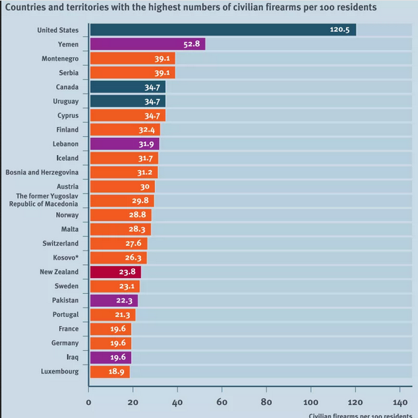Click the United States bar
coord(223,30)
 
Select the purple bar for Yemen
coord(148,44)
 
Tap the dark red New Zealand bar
coord(116,272)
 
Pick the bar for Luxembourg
coord(110,371)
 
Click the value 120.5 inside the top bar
coord(339,30)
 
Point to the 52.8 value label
coord(191,44)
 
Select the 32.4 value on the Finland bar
coord(147,130)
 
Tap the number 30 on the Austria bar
coord(145,187)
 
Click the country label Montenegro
coord(60,59)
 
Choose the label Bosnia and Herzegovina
coord(42,172)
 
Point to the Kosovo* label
coord(66,257)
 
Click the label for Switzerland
coord(60,244)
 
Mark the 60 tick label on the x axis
coord(222,402)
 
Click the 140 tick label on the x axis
coord(400,402)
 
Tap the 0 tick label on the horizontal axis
coord(88,402)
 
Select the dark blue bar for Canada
coord(127,86)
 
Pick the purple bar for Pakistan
coord(114,301)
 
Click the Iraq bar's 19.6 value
coord(118,357)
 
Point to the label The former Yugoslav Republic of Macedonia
coord(44,200)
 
